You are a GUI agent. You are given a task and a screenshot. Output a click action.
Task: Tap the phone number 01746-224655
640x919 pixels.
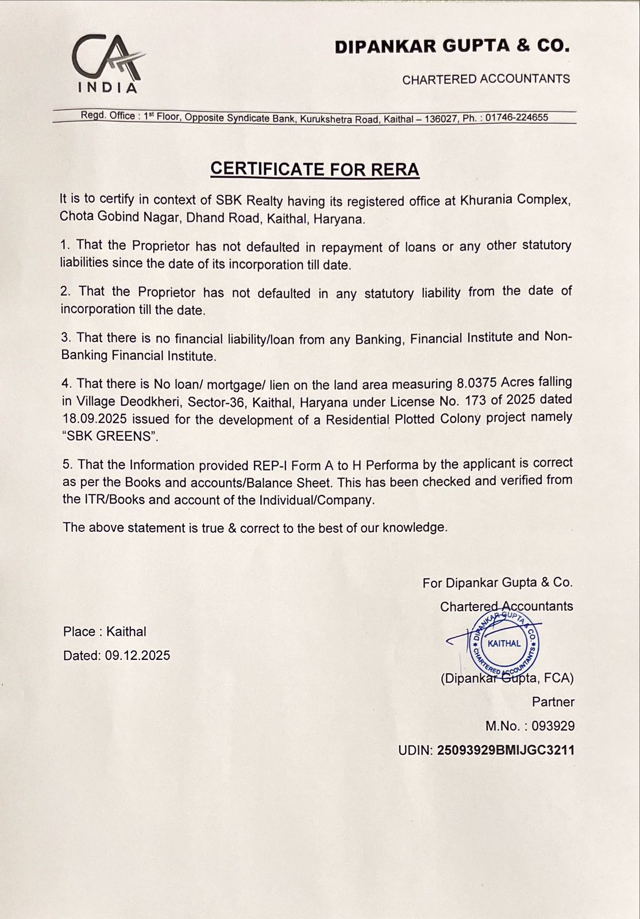pos(516,118)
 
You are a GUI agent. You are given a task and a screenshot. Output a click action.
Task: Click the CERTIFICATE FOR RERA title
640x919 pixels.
pos(315,169)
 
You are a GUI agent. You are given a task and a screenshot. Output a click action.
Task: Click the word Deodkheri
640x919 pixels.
pos(152,401)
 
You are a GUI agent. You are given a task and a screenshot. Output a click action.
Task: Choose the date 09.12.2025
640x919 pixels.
pos(137,655)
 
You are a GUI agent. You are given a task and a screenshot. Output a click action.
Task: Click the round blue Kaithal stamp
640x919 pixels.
pos(504,643)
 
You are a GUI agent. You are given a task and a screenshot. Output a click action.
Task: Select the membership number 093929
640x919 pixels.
pos(553,726)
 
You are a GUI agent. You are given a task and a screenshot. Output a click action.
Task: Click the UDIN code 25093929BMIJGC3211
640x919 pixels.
pos(506,750)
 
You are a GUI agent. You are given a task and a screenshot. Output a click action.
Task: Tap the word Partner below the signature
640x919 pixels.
pos(553,702)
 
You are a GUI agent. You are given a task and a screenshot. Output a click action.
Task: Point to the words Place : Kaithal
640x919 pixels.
pos(105,631)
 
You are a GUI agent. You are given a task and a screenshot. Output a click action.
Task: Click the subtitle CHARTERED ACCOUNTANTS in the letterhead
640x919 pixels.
pos(485,79)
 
